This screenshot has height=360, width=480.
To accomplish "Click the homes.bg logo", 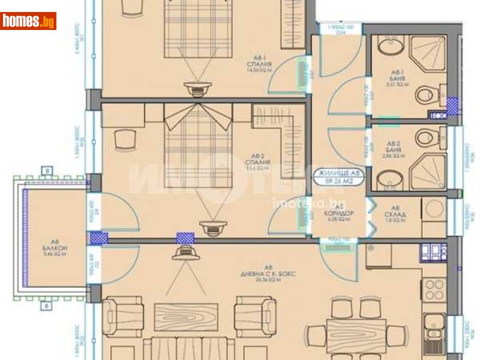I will click(28, 21).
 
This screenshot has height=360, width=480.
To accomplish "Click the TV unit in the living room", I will click(186, 253).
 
